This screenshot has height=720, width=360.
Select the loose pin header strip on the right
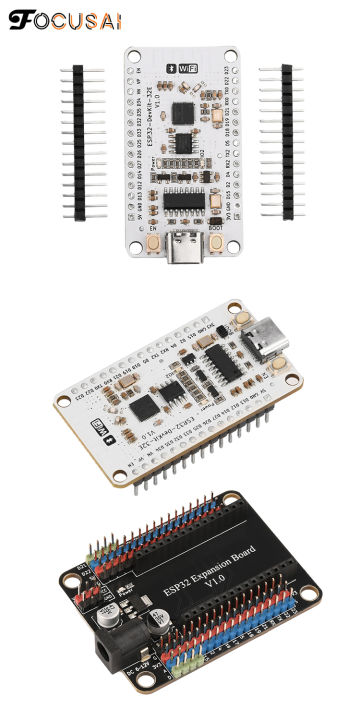(x=288, y=142)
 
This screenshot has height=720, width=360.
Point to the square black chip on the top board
(x=183, y=113)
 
